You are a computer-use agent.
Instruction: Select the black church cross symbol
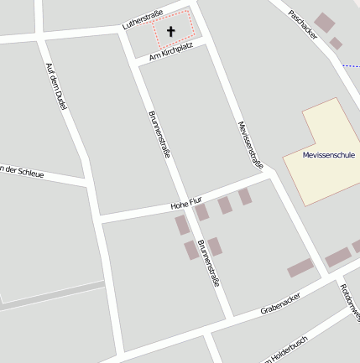pyautogui.click(x=171, y=32)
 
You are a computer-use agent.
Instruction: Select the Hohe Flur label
pyautogui.click(x=186, y=204)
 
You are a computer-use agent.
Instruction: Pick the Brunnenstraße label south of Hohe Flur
pyautogui.click(x=207, y=264)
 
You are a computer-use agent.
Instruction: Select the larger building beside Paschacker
pyautogui.click(x=324, y=22)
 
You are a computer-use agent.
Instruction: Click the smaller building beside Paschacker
pyautogui.click(x=336, y=44)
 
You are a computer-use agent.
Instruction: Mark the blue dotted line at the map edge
pyautogui.click(x=352, y=65)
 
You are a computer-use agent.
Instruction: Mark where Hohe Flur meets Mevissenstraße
pyautogui.click(x=270, y=175)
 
